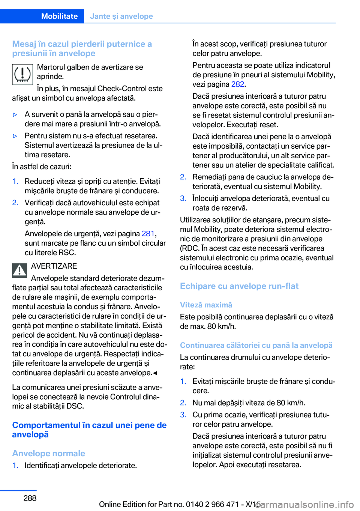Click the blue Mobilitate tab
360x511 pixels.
(59, 16)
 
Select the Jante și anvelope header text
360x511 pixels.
(121, 16)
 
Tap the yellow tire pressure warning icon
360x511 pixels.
(22, 74)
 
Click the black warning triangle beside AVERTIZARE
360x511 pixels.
(19, 270)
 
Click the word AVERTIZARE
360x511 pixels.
(54, 266)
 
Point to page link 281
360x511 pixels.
(148, 234)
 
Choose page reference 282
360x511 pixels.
(238, 84)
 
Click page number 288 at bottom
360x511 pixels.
(30, 498)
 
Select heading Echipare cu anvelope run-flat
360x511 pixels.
(239, 286)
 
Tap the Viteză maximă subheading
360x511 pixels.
(206, 305)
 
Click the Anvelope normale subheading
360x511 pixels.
(49, 453)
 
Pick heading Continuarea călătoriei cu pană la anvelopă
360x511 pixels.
(256, 345)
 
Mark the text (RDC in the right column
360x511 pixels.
(189, 248)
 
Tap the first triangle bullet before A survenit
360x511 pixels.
(15, 114)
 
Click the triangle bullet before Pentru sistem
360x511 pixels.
(15, 136)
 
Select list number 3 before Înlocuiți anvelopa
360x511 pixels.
(183, 198)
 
